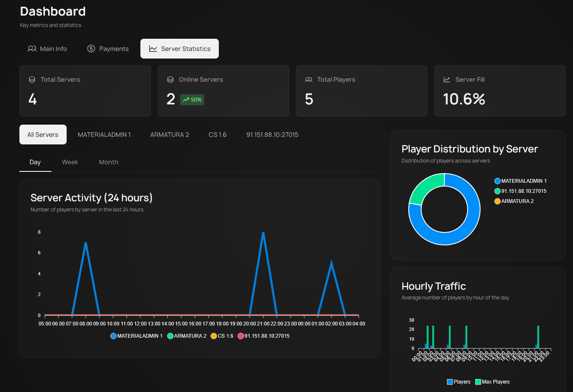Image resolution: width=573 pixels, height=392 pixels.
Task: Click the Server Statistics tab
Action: point(180,49)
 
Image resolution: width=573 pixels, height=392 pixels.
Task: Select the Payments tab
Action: point(108,49)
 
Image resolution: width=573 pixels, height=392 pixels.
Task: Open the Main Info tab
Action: point(47,49)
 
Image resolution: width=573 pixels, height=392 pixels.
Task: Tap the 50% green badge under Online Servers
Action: point(192,100)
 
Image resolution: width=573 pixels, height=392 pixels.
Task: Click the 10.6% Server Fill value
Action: point(464,99)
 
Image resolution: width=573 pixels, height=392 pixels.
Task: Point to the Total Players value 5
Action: point(309,99)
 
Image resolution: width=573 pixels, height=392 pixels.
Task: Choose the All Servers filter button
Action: point(43,135)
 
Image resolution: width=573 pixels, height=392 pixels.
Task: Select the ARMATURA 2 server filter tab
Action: point(169,135)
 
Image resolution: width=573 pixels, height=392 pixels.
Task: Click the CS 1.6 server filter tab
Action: point(218,135)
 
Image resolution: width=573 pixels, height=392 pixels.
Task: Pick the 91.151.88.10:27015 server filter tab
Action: point(272,135)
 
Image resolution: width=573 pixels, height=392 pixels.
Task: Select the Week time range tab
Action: point(70,162)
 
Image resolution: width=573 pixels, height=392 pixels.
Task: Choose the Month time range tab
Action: point(109,162)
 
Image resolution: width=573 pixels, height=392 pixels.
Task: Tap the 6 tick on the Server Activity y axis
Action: point(39,253)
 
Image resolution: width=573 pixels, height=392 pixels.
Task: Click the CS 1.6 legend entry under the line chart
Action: point(222,336)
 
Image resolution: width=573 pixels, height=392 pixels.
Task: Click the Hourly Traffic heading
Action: point(433,286)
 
